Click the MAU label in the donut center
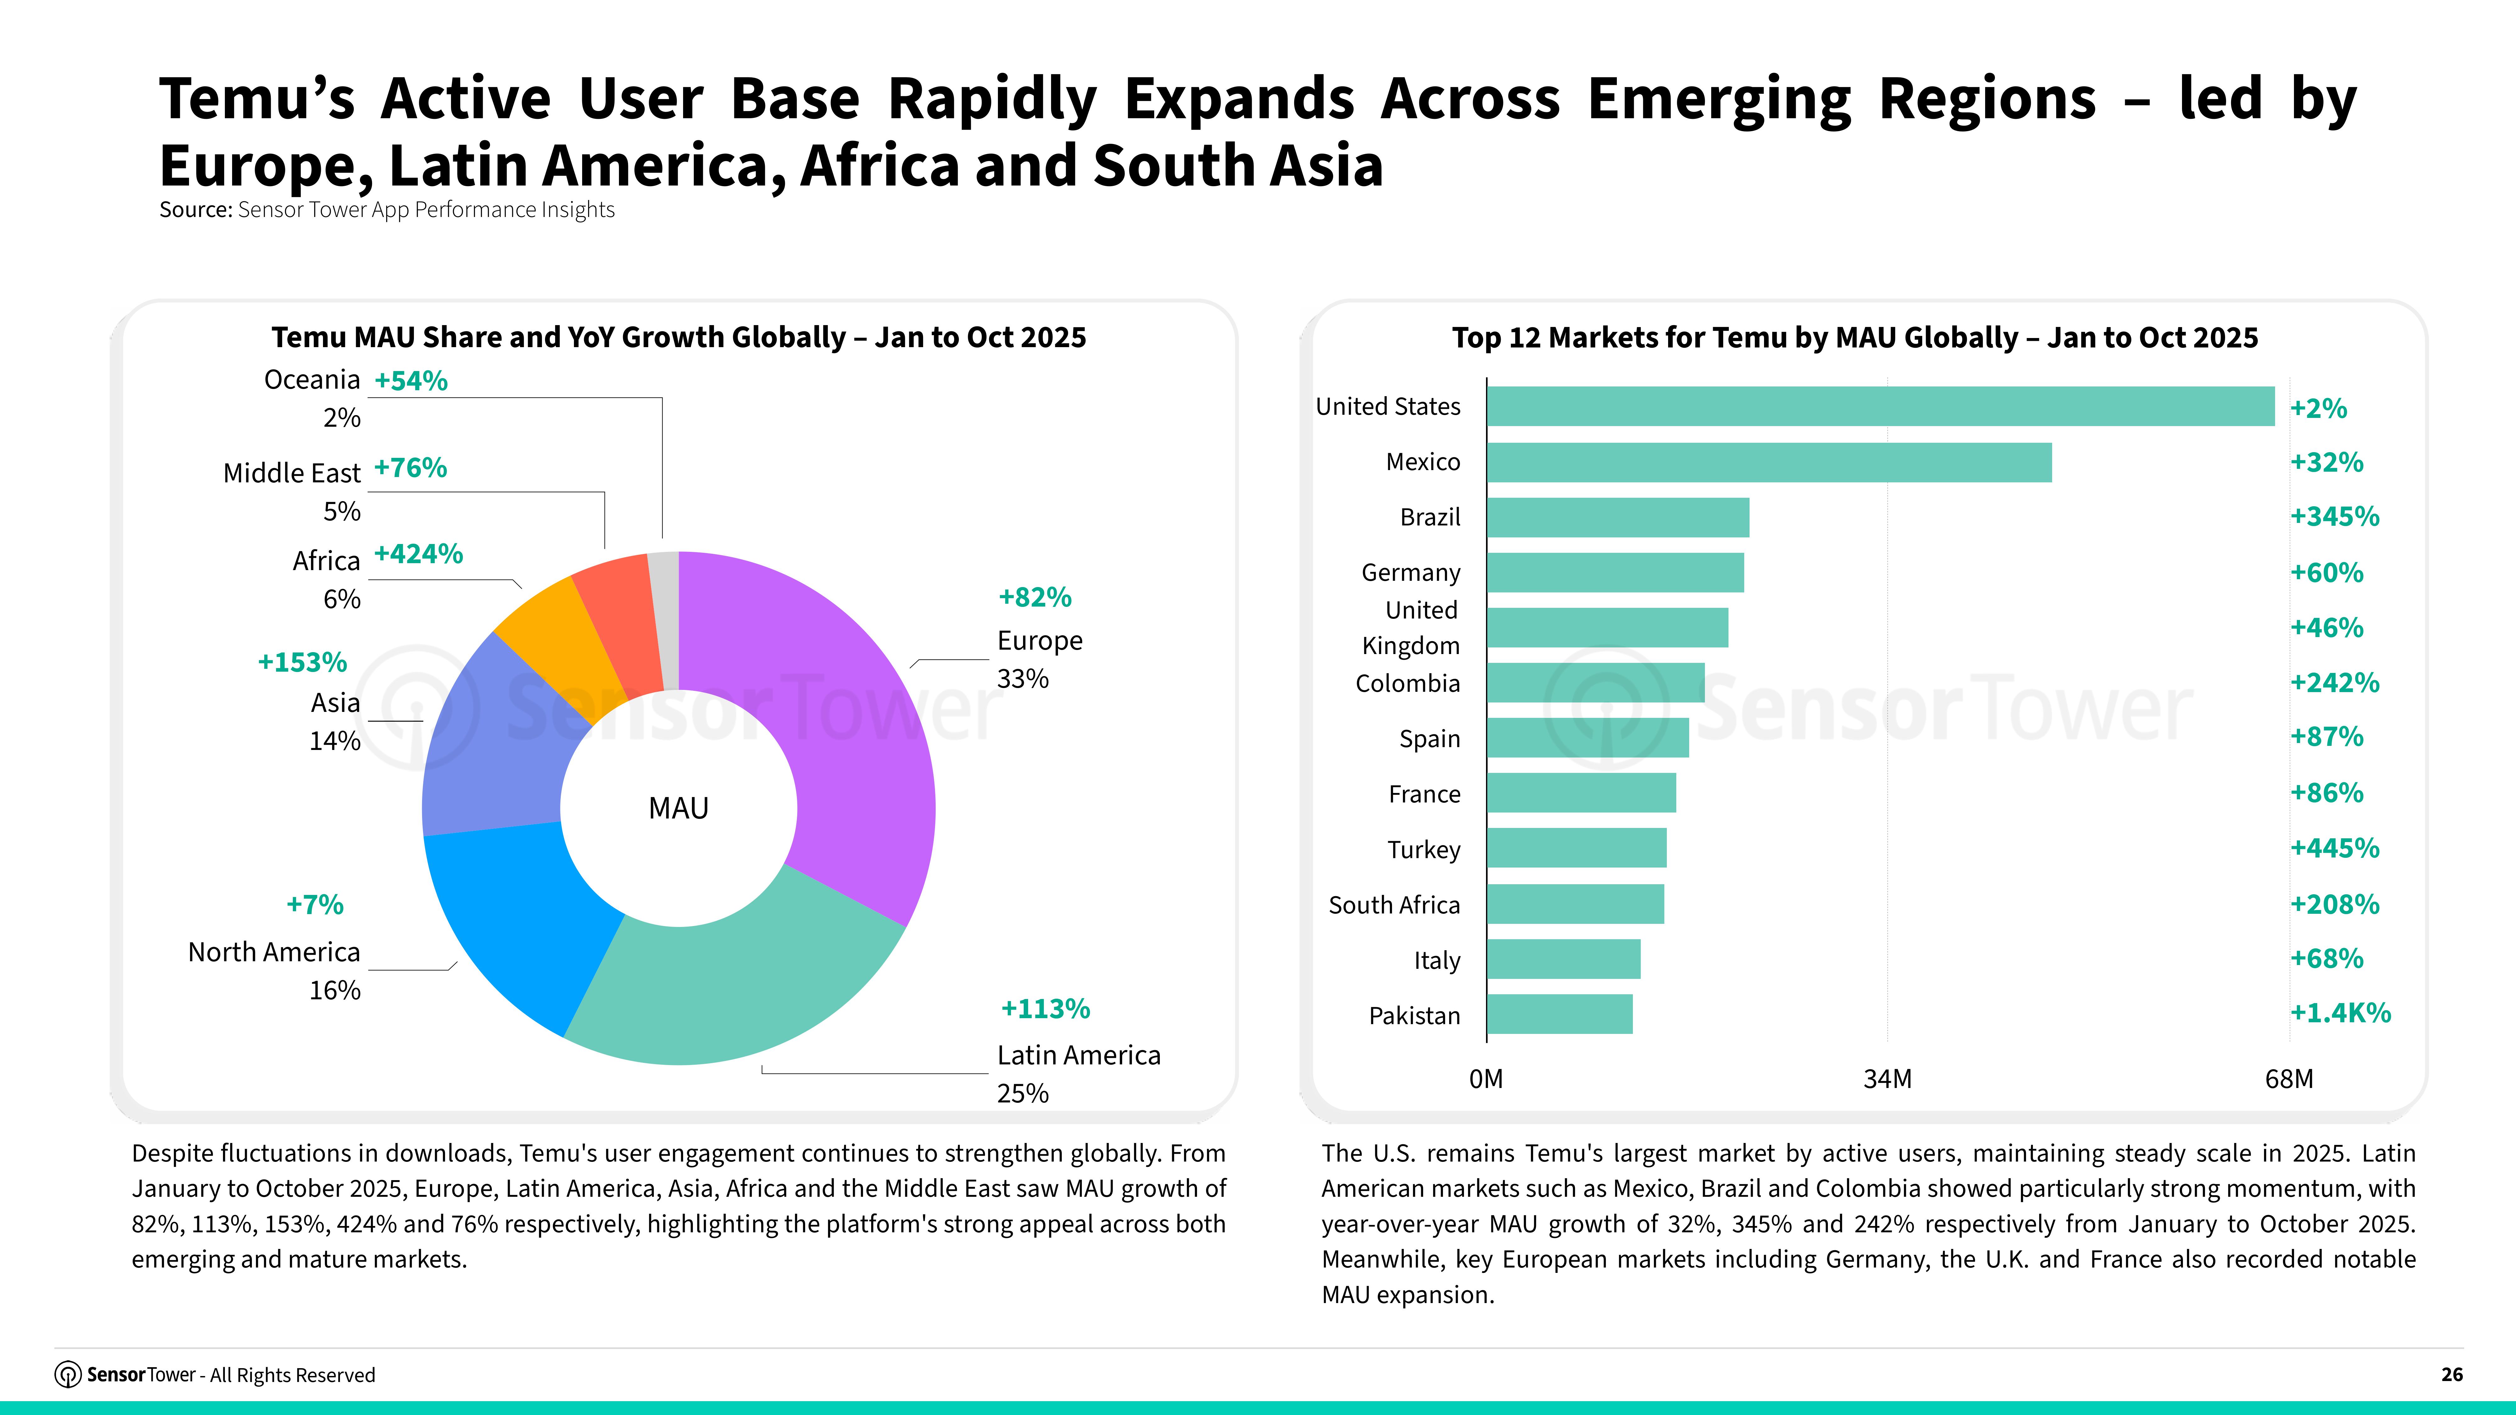click(x=679, y=808)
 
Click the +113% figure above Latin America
click(x=1045, y=1009)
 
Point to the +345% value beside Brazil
click(x=2334, y=517)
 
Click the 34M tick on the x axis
click(x=1887, y=1079)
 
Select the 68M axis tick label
click(x=2288, y=1079)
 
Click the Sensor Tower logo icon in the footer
click(x=67, y=1375)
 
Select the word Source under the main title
click(x=195, y=210)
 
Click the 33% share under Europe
click(x=1023, y=679)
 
